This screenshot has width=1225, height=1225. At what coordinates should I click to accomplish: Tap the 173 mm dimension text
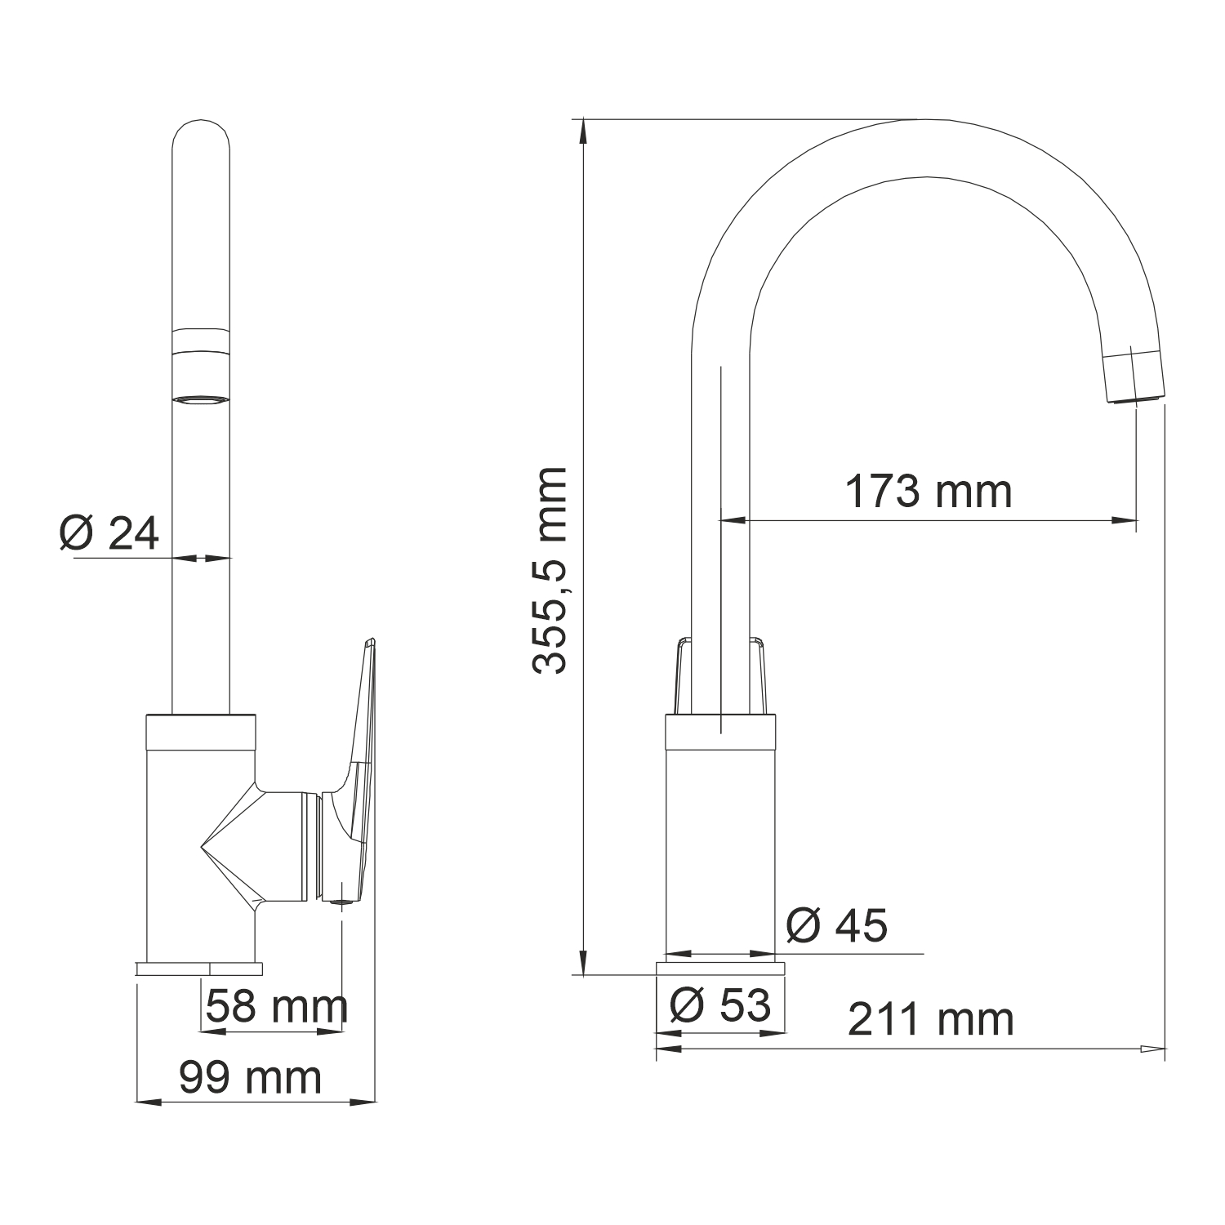928,492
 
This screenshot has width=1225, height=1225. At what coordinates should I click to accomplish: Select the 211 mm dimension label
931,1019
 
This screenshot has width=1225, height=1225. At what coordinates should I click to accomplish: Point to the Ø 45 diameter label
836,926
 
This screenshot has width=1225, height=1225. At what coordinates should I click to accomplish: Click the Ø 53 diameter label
719,1004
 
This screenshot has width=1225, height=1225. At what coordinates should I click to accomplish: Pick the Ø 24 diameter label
109,534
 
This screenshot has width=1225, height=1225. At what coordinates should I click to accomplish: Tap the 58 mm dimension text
277,1006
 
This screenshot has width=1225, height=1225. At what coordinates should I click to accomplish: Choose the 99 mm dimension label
250,1078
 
